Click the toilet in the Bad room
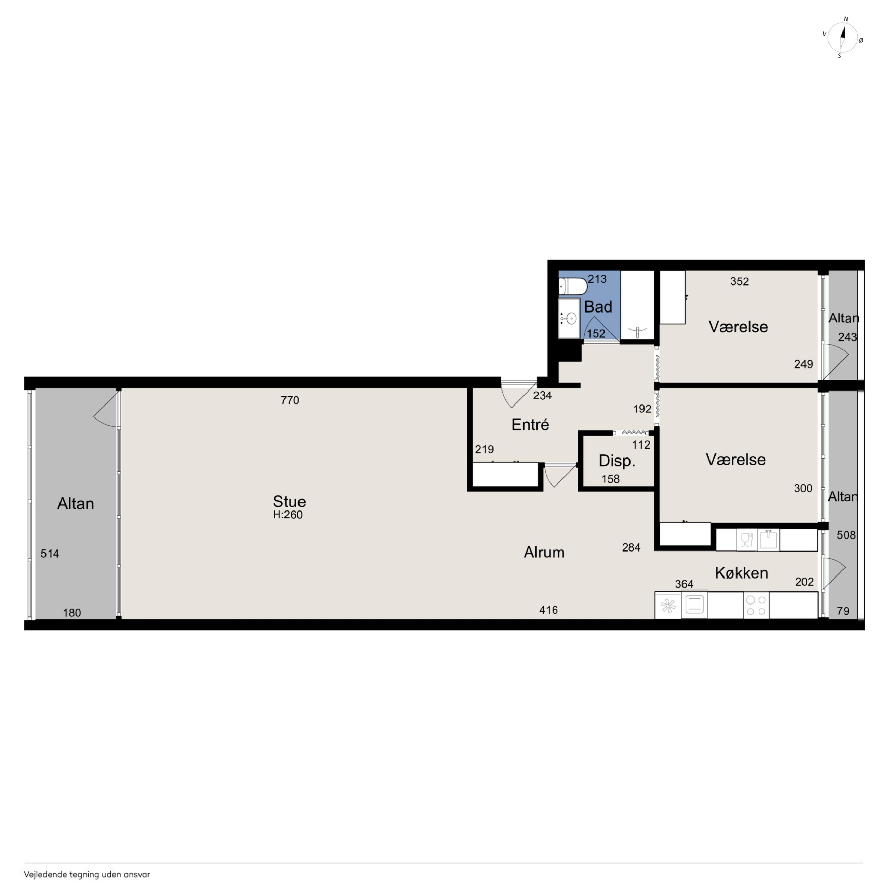572,286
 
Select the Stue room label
289,501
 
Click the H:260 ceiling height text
288,515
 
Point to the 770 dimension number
290,400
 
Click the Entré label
530,424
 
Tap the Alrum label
544,552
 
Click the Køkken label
741,573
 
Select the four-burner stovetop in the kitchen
756,606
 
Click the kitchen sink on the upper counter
768,540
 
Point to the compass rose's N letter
846,19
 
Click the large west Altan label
76,504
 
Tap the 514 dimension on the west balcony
50,554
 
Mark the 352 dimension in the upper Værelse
740,281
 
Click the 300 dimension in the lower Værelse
803,488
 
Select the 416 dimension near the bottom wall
548,610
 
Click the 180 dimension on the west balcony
72,613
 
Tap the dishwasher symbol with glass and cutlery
746,540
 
